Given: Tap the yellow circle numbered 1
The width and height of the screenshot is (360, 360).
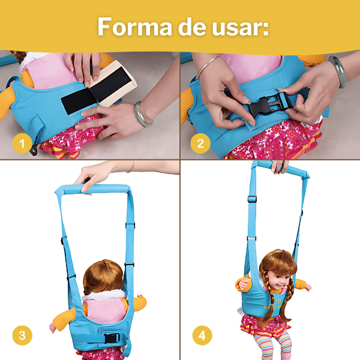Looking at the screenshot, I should (x=22, y=144).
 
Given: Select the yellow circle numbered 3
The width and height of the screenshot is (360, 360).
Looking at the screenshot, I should (x=22, y=335).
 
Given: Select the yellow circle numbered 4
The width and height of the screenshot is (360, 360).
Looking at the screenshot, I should (x=202, y=335).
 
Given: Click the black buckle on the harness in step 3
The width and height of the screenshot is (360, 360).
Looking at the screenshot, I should (x=110, y=338).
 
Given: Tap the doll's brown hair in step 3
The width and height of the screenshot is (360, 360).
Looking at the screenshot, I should (x=104, y=277).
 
